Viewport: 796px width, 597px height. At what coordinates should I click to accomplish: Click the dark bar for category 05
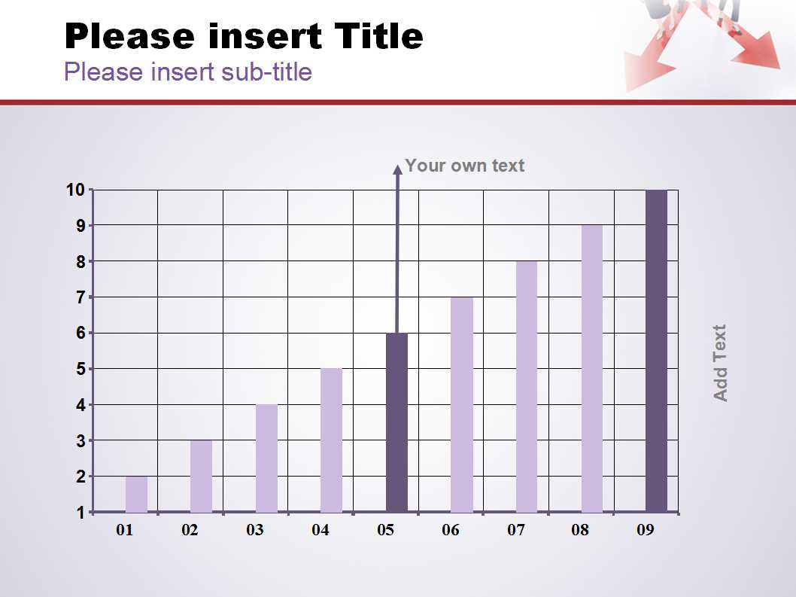tap(396, 422)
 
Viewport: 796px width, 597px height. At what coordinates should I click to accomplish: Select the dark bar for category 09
tap(656, 351)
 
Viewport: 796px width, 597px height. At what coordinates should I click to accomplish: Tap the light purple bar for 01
tap(137, 494)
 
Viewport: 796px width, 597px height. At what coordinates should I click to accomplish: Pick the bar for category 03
tap(266, 458)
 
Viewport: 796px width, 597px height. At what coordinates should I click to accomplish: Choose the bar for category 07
tap(527, 387)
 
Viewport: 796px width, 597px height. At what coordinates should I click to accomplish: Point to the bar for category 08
tap(592, 368)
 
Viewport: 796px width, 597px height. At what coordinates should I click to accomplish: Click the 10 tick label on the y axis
tap(75, 190)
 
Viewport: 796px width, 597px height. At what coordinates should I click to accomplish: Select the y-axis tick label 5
tap(81, 369)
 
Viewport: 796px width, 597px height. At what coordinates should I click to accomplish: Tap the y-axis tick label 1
tap(81, 513)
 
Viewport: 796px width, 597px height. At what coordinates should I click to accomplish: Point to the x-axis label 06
tap(451, 530)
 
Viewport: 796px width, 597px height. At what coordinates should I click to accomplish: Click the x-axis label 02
tap(190, 530)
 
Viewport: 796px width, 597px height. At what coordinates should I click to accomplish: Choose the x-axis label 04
tap(321, 530)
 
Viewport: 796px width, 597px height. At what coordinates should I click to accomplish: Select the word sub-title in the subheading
tap(267, 72)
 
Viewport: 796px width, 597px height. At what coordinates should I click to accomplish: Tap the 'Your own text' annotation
tap(464, 166)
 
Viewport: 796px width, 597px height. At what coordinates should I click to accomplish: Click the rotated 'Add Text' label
tap(720, 364)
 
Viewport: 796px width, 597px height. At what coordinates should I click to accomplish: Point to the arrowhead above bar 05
tap(398, 169)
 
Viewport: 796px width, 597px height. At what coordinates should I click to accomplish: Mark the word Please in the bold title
tap(129, 36)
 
